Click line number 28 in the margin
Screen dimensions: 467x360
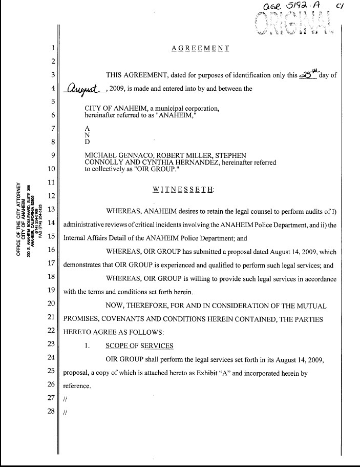tap(51, 412)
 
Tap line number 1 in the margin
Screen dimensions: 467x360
tap(53, 49)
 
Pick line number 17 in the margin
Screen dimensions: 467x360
tap(51, 265)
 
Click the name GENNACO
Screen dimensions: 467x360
tap(134, 155)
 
